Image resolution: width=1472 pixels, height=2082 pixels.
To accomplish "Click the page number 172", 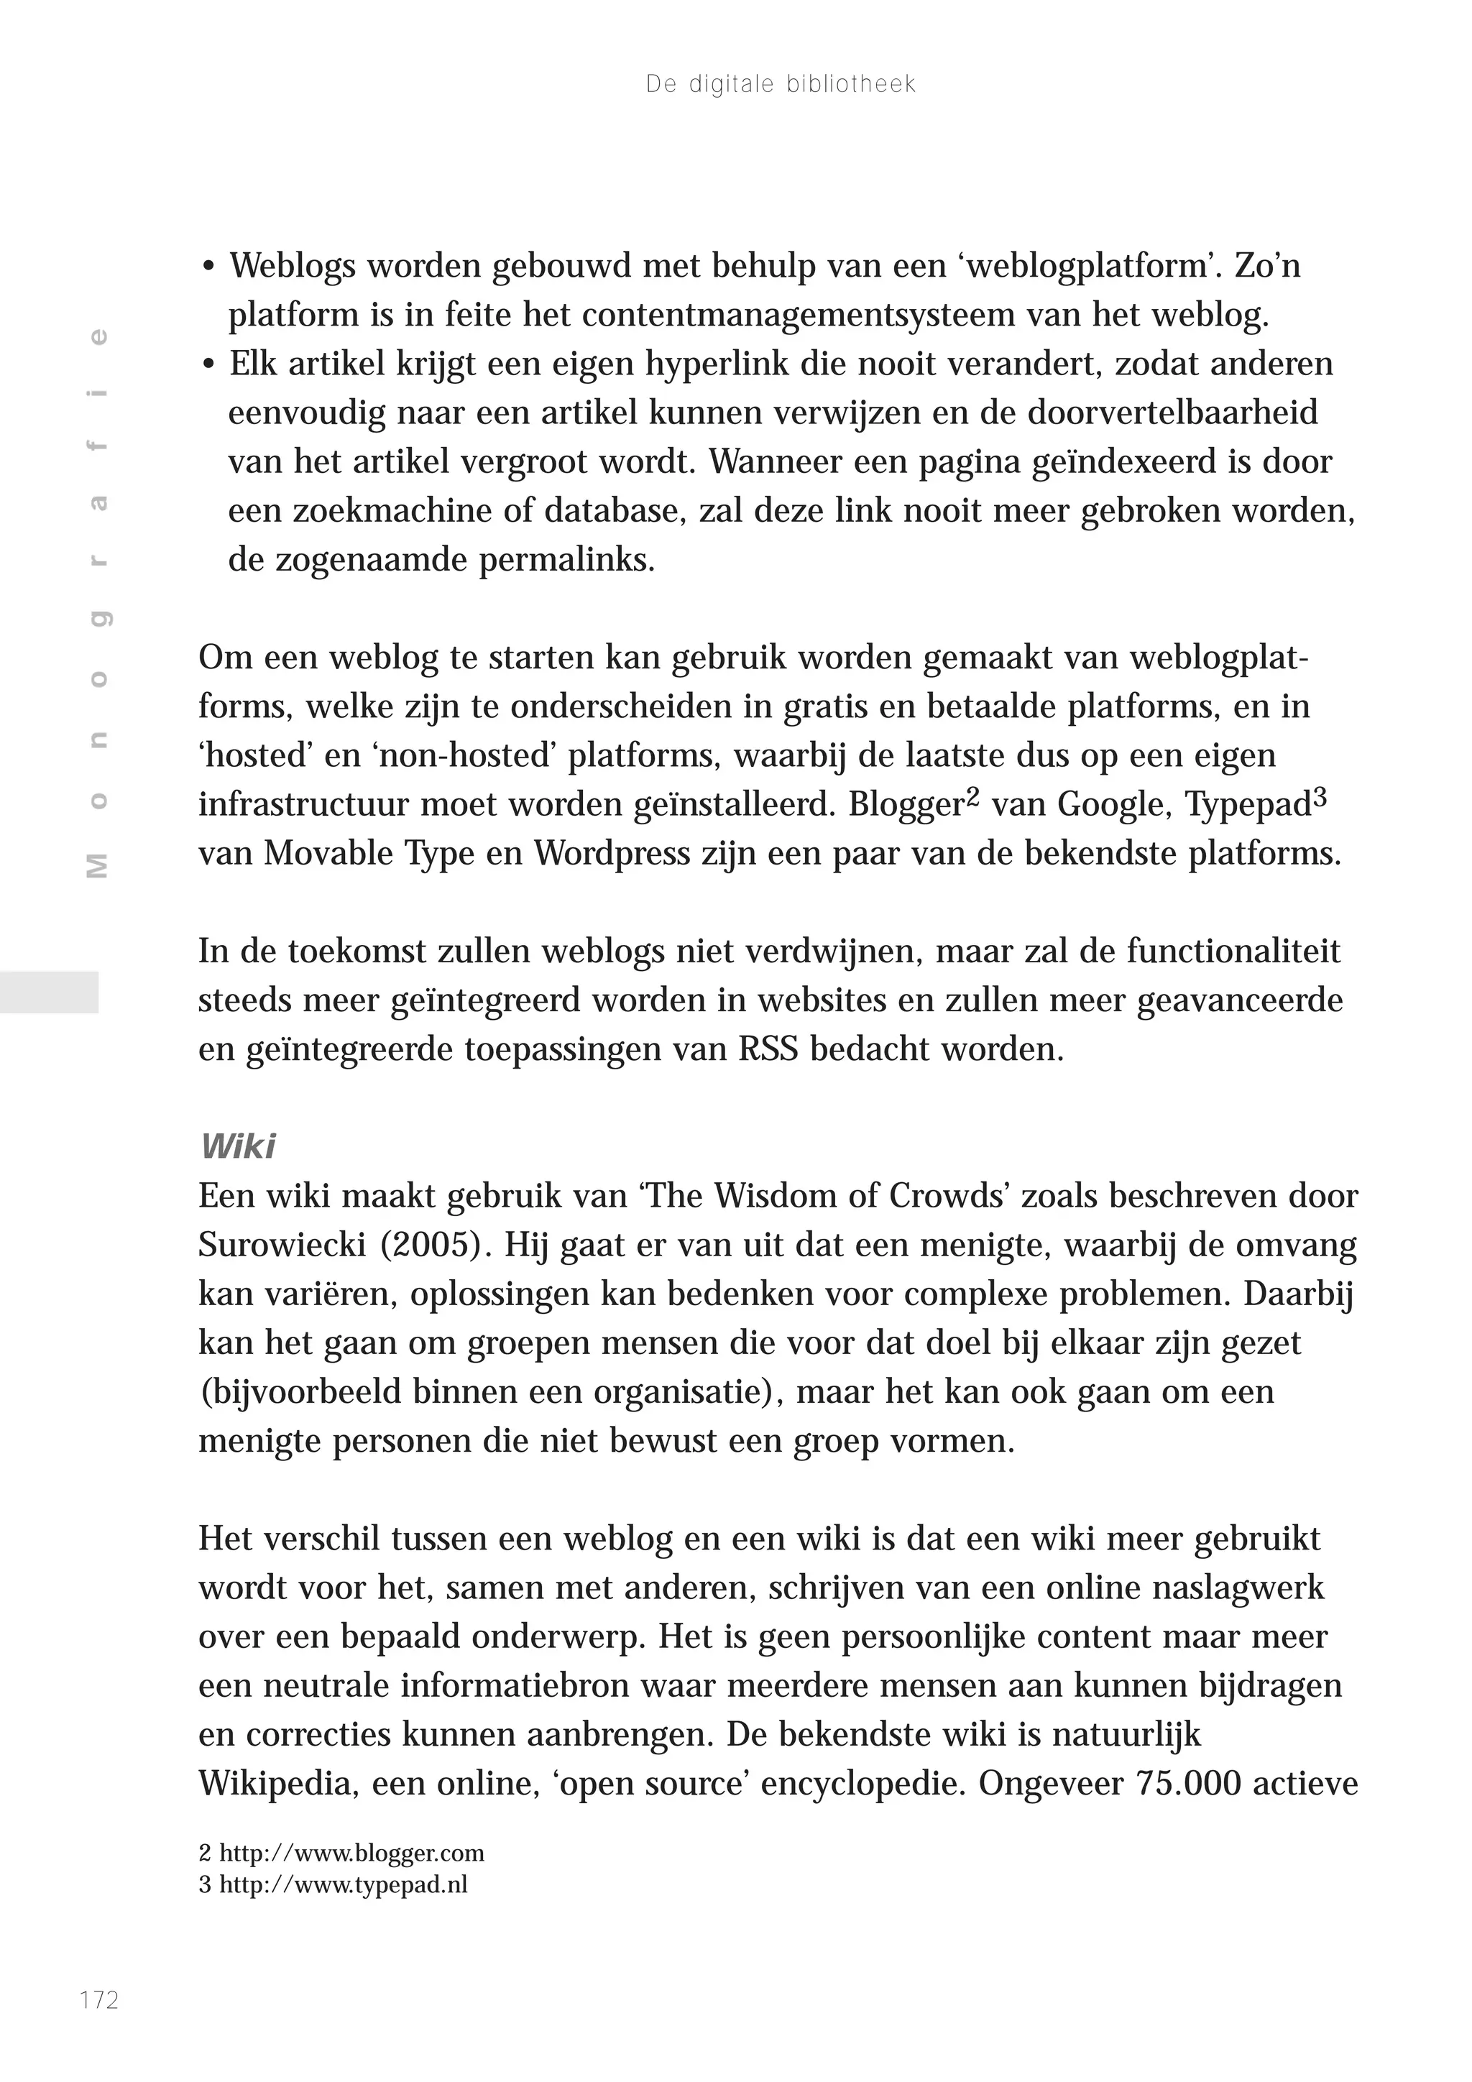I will click(99, 1999).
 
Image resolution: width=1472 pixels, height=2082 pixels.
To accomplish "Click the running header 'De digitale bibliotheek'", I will click(781, 84).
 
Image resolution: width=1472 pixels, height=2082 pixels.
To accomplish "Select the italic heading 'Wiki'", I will click(238, 1146).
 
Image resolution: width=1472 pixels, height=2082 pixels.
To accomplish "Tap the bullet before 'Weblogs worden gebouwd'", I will click(209, 267).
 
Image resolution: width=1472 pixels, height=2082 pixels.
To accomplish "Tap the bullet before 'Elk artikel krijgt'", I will click(209, 365).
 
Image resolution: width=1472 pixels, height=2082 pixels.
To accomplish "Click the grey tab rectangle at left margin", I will click(49, 992).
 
